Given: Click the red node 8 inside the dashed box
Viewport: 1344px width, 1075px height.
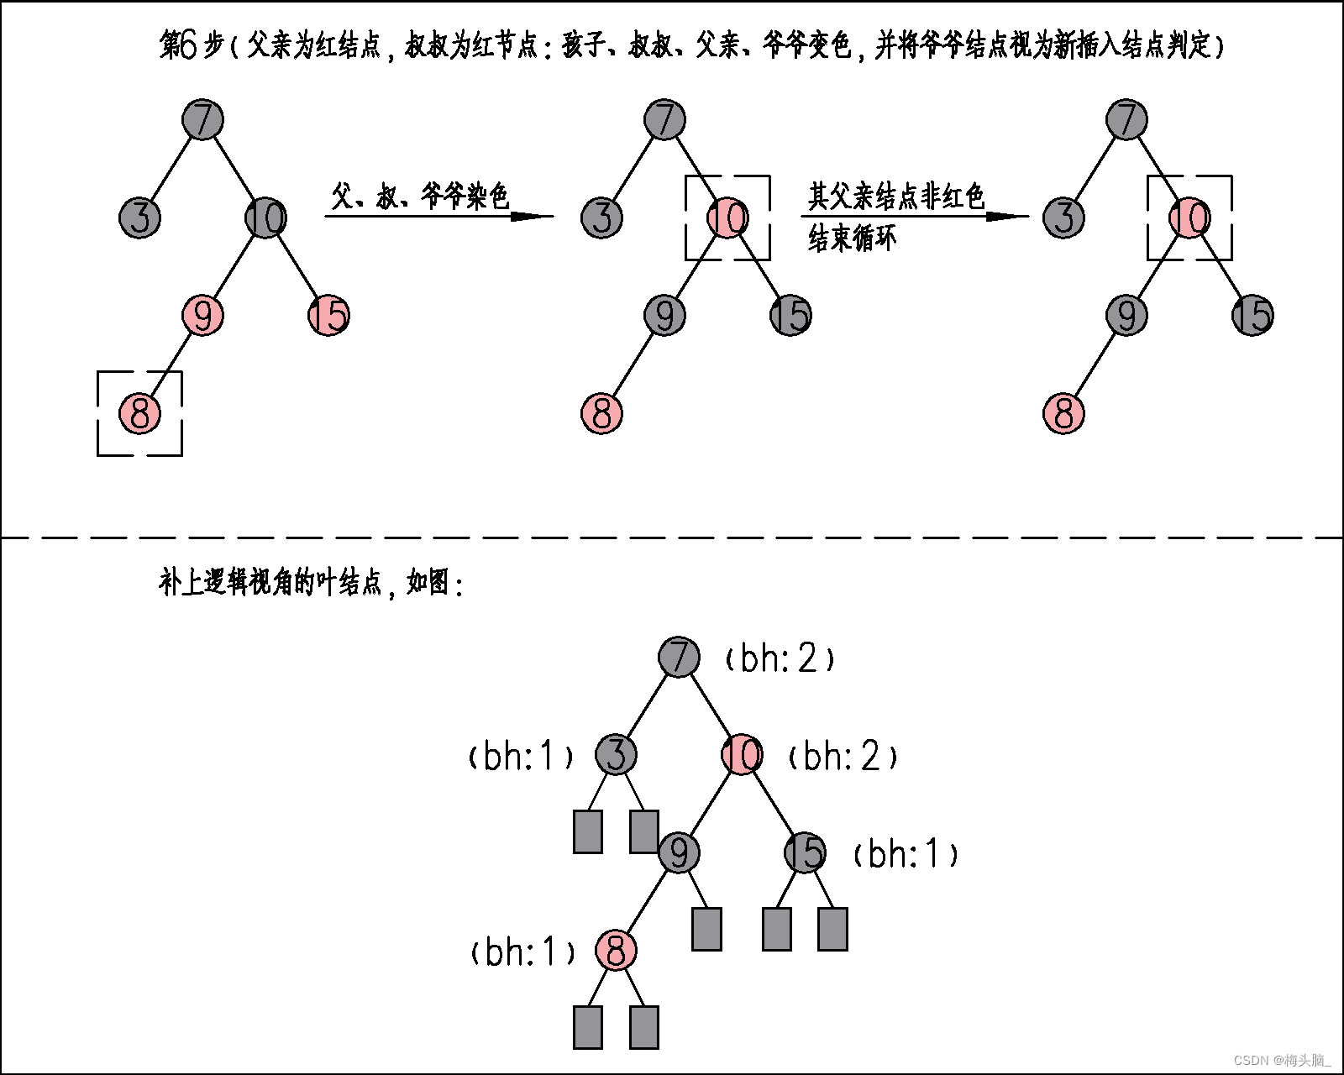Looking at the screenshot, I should coord(139,413).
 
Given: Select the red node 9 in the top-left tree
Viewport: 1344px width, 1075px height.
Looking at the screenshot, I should coord(202,316).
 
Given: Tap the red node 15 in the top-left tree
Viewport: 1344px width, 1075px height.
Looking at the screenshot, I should coord(328,316).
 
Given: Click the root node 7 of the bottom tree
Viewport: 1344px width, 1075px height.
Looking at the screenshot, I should coord(679,657).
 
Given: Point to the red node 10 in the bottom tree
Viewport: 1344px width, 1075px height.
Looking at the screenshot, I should coord(742,754).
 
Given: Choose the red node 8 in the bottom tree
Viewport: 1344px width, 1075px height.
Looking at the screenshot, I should coord(616,951).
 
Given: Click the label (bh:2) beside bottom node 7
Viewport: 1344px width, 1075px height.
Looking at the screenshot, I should coord(780,658).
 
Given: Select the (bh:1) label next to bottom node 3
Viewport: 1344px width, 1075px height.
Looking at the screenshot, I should coord(521,757).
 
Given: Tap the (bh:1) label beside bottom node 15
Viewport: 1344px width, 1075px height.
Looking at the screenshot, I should coord(906,854).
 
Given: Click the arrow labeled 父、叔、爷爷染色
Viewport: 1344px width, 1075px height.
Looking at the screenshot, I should coord(438,216).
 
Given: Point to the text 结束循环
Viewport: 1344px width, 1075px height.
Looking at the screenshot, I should coord(852,239).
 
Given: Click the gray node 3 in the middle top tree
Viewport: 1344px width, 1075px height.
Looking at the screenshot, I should coord(601,218).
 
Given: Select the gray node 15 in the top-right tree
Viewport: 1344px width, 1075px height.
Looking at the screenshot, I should coord(1252,316).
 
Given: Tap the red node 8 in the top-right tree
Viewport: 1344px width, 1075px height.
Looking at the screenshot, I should coord(1063,413).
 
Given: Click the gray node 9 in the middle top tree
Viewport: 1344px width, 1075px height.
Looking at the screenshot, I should coord(664,316).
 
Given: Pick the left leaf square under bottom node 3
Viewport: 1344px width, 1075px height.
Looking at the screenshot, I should coord(588,831).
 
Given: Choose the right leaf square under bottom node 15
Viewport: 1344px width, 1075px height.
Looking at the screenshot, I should coord(832,929).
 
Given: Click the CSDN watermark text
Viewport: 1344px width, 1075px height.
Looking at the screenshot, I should coord(1282,1061).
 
